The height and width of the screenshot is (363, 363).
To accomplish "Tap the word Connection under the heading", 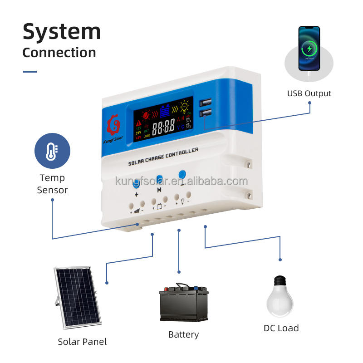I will coord(59,52).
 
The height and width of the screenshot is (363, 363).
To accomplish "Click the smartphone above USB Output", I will coord(309,48).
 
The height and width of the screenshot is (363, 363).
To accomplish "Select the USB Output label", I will coord(309,93).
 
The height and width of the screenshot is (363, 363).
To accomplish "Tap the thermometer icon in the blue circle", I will coord(52,151).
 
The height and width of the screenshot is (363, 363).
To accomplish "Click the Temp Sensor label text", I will coord(52,184).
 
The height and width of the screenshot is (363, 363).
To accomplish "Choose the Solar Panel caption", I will coord(82,342).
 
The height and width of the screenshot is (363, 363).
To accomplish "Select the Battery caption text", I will coord(183,334).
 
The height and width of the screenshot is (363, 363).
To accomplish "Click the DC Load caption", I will coord(281,328).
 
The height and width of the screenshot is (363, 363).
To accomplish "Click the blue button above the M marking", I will coord(159,179).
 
